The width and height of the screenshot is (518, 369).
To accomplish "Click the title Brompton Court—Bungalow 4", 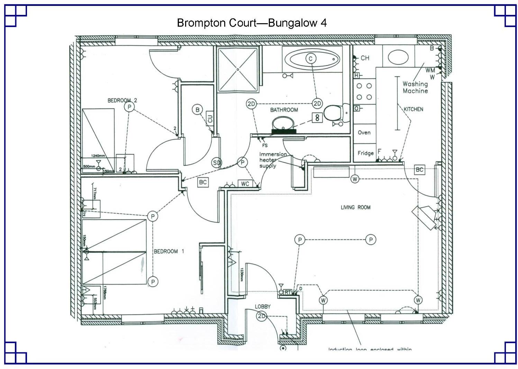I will click(x=252, y=23).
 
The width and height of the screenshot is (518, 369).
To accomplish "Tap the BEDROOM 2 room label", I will click(x=122, y=100).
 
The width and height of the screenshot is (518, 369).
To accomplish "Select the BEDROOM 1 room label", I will click(x=169, y=251).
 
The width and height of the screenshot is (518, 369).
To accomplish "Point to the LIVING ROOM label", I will click(x=355, y=207).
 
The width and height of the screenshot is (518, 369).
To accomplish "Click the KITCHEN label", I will click(x=414, y=109).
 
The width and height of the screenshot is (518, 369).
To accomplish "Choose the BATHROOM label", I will click(x=284, y=110).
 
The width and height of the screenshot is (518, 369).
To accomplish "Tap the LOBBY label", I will click(x=263, y=307).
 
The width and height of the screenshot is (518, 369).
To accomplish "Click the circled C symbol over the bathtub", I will click(x=310, y=59).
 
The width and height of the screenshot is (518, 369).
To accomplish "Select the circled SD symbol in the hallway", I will click(x=217, y=162).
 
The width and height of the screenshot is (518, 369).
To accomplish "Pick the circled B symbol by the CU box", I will click(x=197, y=110).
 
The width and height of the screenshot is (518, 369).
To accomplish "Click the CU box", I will click(x=210, y=118).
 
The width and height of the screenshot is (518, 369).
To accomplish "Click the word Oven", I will click(x=364, y=132).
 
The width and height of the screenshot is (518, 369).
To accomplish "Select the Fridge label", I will click(x=365, y=153).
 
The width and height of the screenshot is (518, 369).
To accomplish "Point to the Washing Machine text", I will click(x=415, y=87).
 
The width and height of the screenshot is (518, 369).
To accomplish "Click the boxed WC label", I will click(x=245, y=184).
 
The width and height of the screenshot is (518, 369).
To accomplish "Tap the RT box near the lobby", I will click(x=288, y=292).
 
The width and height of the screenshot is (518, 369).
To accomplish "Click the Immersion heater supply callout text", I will click(x=273, y=160).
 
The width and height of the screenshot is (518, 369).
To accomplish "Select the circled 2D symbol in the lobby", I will click(x=262, y=316).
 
